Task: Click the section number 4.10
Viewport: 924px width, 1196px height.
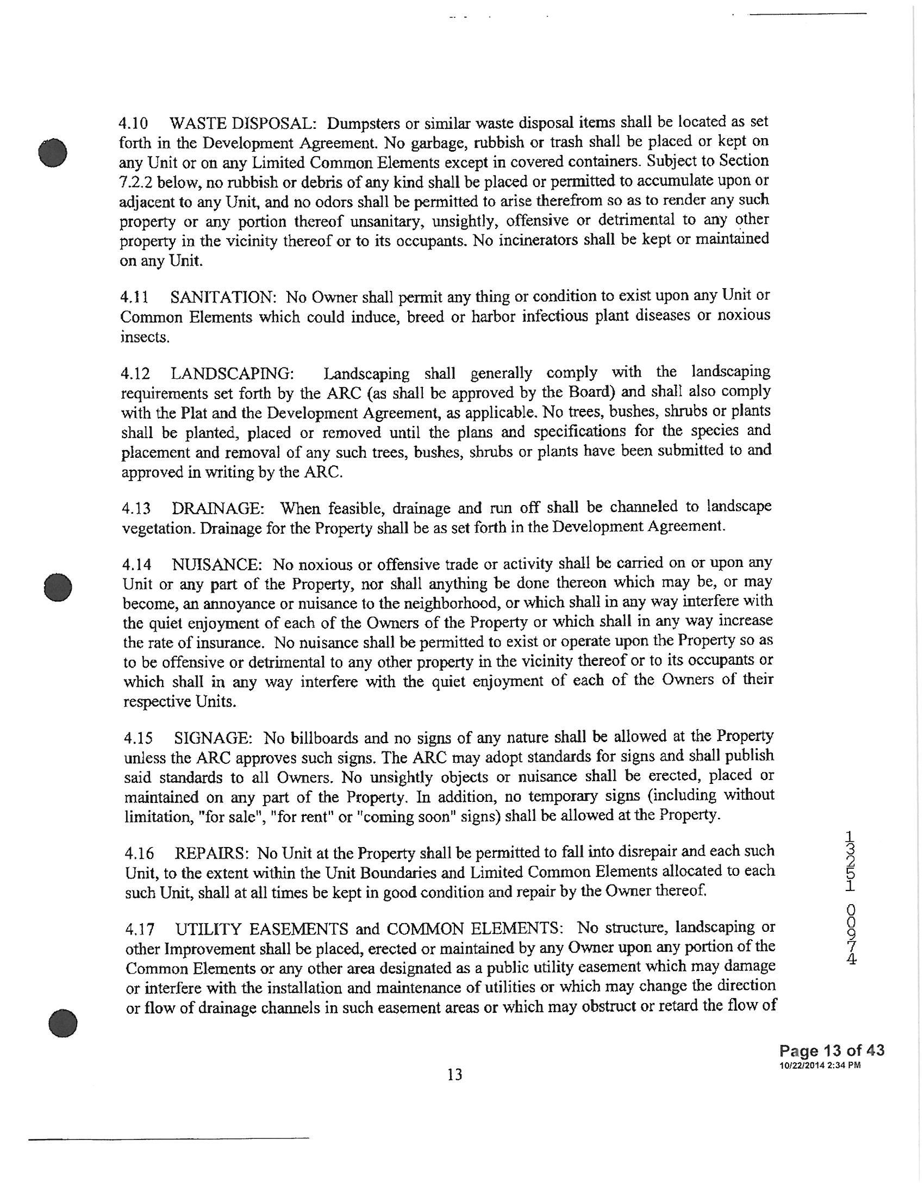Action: click(133, 122)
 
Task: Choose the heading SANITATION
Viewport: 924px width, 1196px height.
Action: click(223, 297)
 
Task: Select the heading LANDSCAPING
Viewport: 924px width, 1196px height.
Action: click(232, 374)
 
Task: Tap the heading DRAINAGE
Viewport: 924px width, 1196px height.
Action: click(218, 509)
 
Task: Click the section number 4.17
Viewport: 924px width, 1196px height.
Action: click(138, 929)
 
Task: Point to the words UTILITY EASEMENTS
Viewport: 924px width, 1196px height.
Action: click(261, 929)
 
